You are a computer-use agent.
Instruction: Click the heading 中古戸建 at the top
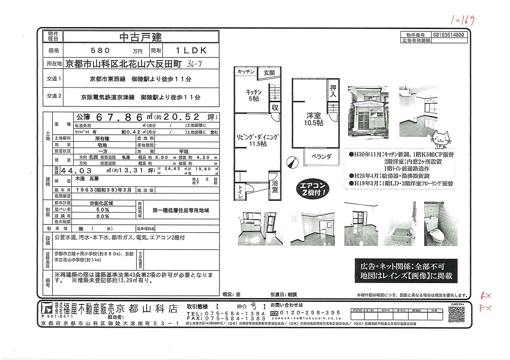click(140, 37)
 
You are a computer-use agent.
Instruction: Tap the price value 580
click(101, 50)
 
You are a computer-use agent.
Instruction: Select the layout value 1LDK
click(191, 50)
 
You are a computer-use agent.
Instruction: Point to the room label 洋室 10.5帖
click(313, 119)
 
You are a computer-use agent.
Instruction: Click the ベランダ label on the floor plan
click(321, 157)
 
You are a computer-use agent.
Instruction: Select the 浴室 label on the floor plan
click(275, 186)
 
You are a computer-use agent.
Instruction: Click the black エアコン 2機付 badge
click(315, 189)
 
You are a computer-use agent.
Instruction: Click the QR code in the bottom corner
click(458, 315)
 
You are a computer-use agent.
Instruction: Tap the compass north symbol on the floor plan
click(291, 163)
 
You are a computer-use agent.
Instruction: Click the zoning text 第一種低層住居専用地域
click(180, 210)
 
